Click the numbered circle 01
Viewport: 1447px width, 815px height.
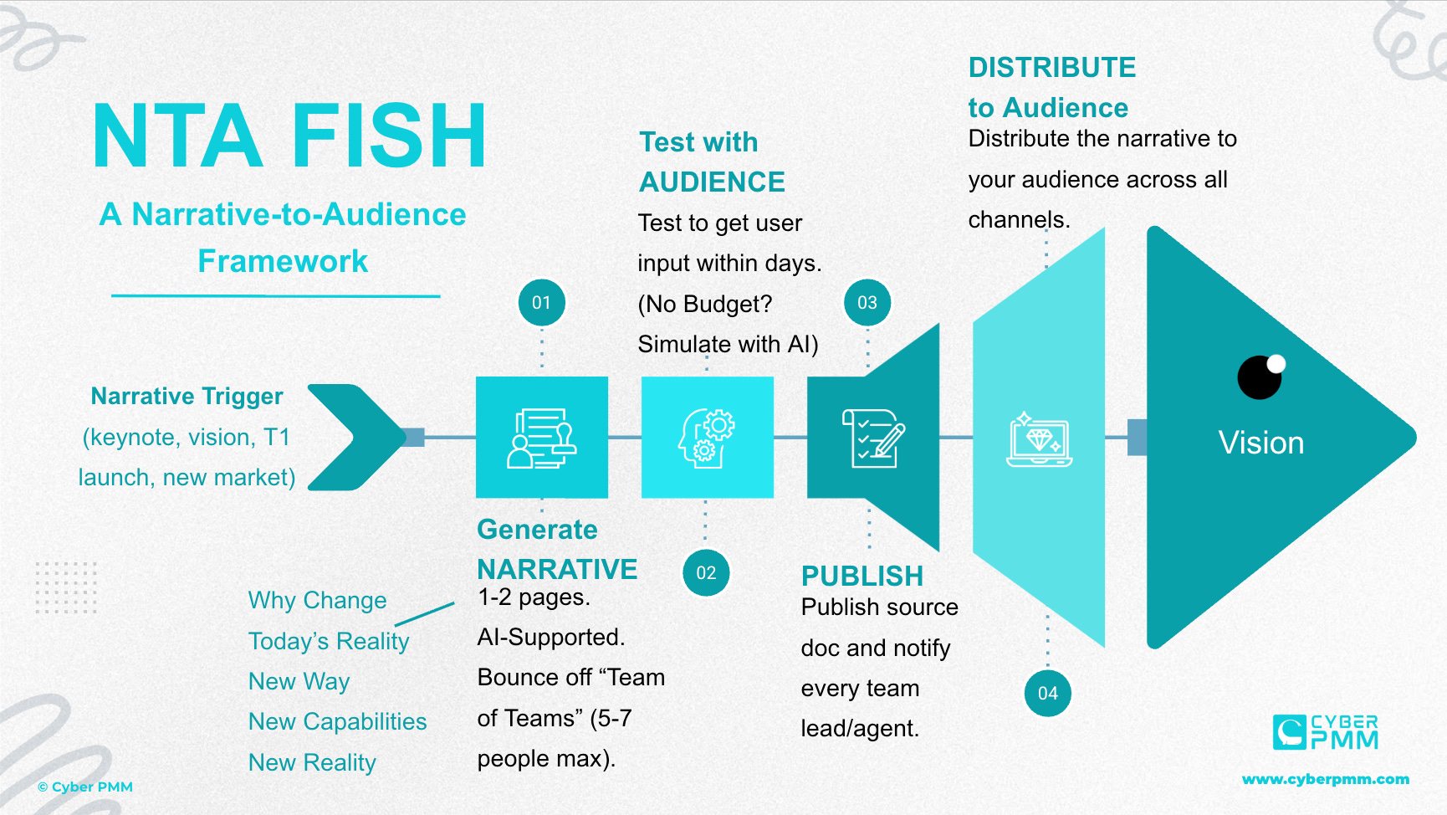tap(541, 302)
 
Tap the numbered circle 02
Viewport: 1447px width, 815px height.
tap(706, 572)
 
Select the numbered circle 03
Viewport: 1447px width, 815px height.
tap(867, 302)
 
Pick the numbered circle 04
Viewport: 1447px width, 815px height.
tap(1047, 693)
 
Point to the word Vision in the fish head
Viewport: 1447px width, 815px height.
tap(1260, 443)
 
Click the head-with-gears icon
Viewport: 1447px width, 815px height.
tap(707, 438)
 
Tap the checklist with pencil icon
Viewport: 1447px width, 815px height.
tap(873, 438)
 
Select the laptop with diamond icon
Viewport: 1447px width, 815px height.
tap(1039, 439)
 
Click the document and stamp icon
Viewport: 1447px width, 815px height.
tap(542, 438)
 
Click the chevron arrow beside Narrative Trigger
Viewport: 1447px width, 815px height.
tap(356, 437)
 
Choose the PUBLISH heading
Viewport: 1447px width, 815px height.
tap(862, 576)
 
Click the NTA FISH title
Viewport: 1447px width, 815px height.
tap(289, 136)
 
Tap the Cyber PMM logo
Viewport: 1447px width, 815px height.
tap(1325, 732)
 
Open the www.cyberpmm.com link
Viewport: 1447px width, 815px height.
tap(1325, 779)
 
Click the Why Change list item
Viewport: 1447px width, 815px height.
tap(317, 600)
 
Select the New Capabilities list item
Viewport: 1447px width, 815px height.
tap(337, 721)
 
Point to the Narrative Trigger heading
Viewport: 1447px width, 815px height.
tap(187, 396)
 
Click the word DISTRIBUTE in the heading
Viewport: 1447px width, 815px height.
tap(1051, 67)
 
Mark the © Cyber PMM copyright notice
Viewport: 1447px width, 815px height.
tap(85, 787)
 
